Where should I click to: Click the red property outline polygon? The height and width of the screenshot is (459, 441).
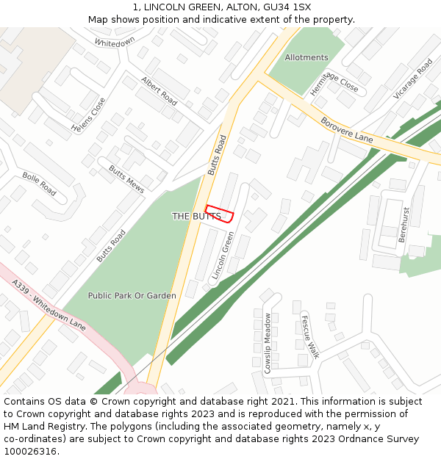coord(220,213)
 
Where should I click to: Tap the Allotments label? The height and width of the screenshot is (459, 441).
coord(306,57)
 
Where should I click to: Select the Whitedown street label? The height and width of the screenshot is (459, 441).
coord(115,43)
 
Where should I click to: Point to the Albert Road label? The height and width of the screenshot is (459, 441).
coord(159,89)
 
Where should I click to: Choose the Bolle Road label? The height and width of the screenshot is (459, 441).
coord(39,184)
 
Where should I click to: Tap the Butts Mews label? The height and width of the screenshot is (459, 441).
coord(126,174)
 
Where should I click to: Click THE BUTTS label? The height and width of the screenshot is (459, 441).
coord(196,217)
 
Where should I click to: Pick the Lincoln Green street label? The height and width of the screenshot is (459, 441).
coord(222,255)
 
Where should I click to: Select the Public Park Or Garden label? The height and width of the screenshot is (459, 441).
coord(132,296)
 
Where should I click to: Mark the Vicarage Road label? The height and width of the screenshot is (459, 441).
coord(413,79)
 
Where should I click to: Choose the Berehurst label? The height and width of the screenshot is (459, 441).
coord(403,225)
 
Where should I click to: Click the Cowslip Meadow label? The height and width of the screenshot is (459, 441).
coord(268,343)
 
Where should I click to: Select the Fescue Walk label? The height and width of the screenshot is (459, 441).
coord(310,336)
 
